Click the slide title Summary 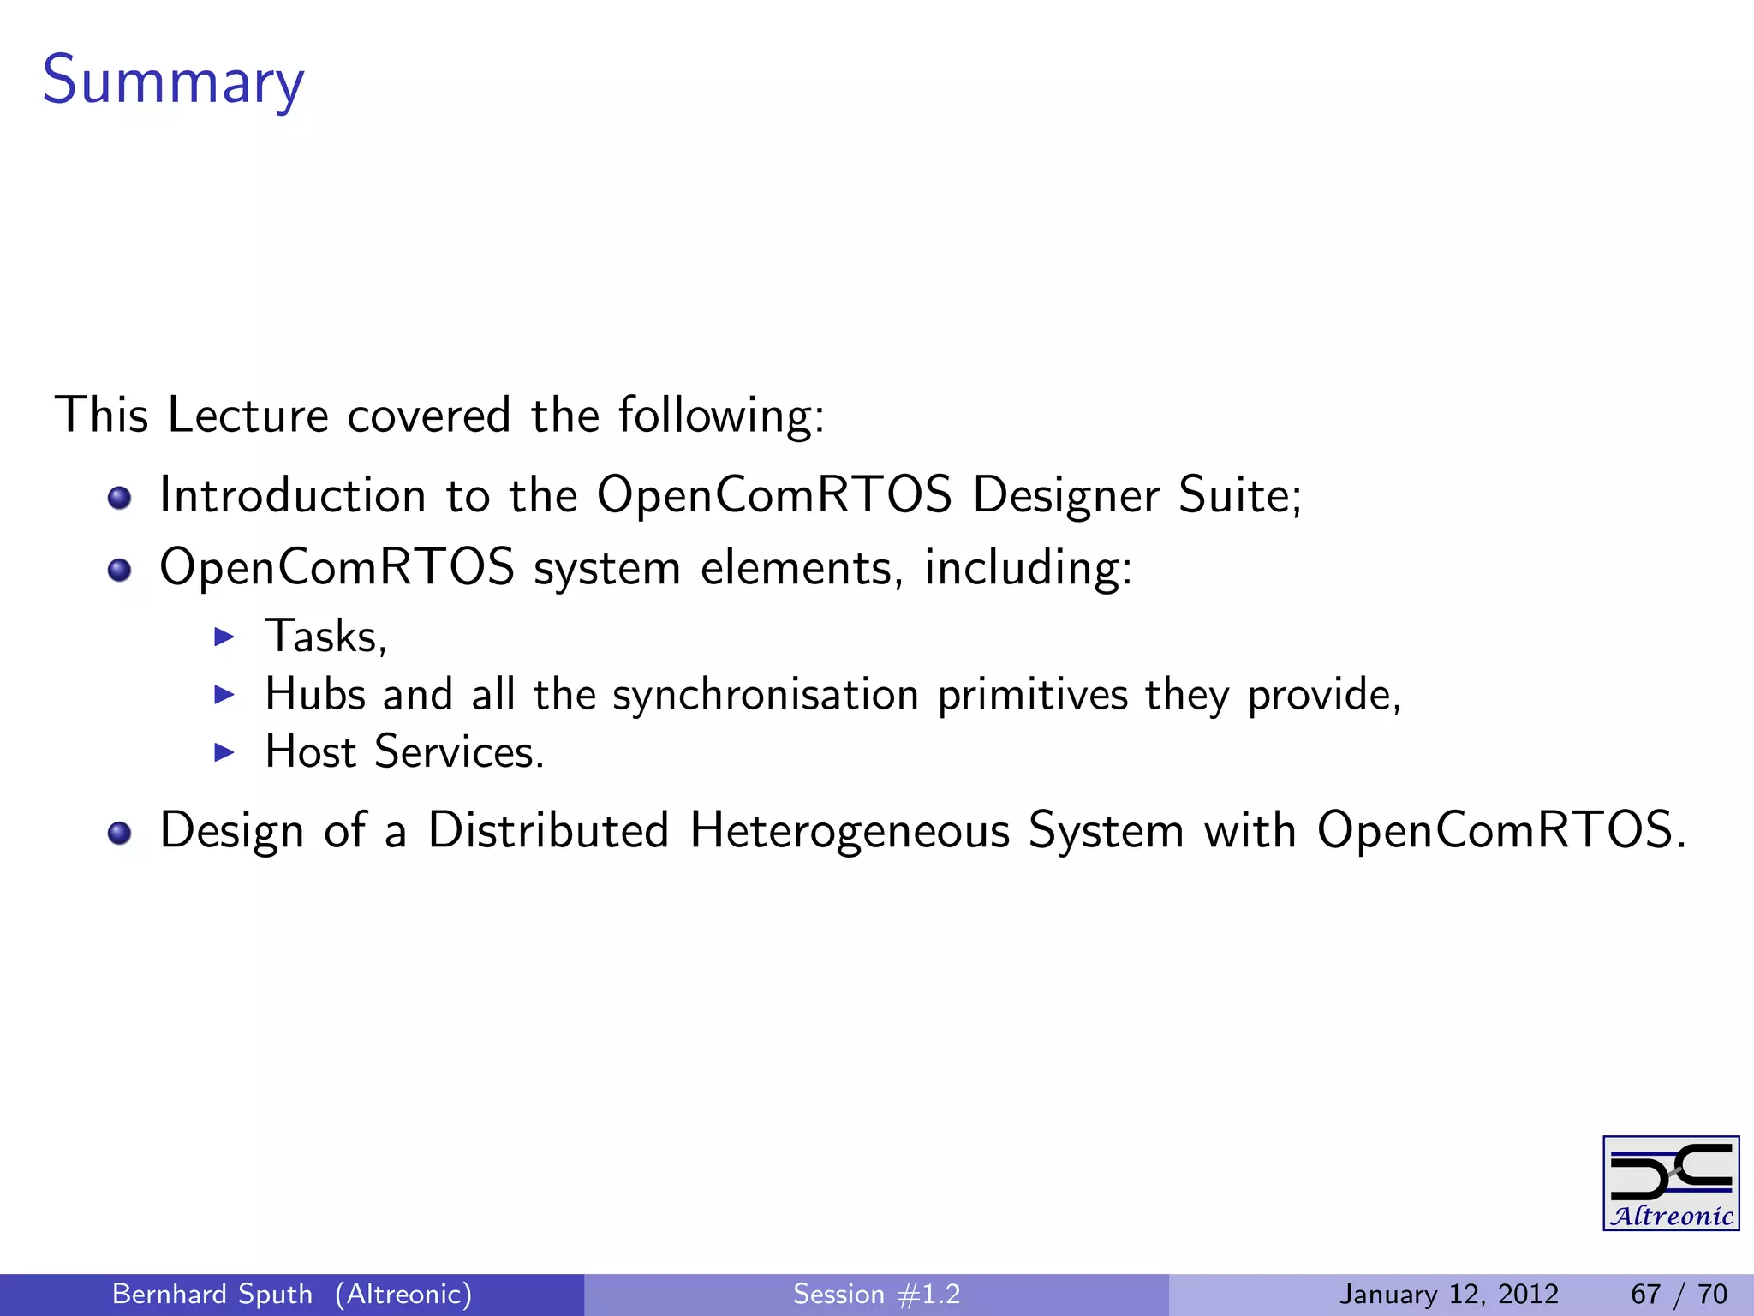(173, 81)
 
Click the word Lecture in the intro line (248, 416)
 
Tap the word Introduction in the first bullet (293, 495)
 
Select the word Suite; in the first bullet (1240, 495)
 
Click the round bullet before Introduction (120, 498)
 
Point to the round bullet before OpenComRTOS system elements (120, 570)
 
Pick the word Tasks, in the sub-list (326, 637)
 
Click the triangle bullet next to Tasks (224, 637)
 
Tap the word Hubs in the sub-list (315, 694)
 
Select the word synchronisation (766, 694)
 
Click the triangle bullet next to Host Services (224, 752)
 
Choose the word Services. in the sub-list (459, 752)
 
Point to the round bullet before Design (120, 833)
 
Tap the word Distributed (548, 830)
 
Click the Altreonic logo (1670, 1183)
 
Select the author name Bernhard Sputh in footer (212, 1294)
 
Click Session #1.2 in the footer (876, 1294)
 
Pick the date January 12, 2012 (1448, 1294)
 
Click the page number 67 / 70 (1679, 1294)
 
